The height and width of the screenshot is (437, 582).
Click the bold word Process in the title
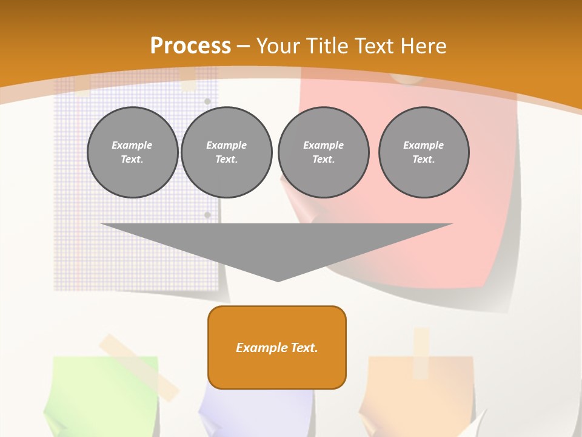coord(190,46)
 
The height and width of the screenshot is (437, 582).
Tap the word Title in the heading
coord(325,46)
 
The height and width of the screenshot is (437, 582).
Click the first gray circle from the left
coord(132,152)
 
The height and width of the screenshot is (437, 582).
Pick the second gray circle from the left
coord(226,152)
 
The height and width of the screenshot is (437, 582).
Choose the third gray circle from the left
coord(323,152)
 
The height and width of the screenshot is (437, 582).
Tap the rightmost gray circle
coord(424,152)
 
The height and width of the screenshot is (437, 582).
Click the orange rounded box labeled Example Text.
coord(277,347)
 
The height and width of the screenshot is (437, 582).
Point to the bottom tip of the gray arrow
coord(278,280)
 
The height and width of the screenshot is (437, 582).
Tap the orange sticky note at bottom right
coord(418,395)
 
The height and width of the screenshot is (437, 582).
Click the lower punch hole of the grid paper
coord(207,215)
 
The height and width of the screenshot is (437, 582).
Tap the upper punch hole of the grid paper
coord(207,101)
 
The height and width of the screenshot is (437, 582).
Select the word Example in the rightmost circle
coord(424,145)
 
